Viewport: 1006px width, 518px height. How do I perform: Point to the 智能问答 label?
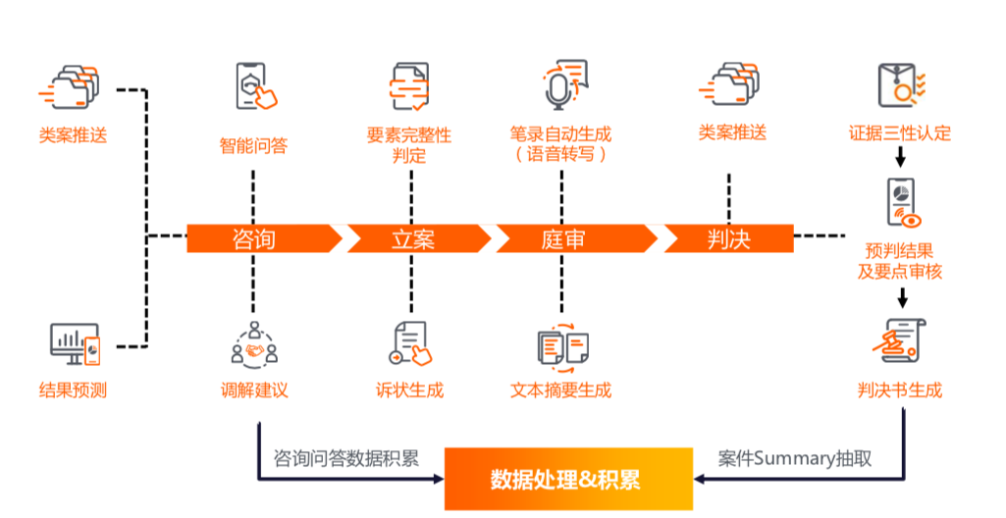(x=253, y=146)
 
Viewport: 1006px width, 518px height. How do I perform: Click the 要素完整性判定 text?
(x=409, y=144)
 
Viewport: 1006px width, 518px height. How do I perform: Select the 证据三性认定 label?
(x=900, y=133)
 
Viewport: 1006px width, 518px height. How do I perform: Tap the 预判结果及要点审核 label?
(x=900, y=261)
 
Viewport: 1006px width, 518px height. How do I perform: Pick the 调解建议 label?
(x=254, y=390)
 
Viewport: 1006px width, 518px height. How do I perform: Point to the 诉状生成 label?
(x=409, y=390)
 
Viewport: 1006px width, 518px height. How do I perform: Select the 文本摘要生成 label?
(x=561, y=390)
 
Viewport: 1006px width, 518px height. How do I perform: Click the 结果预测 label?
(x=73, y=390)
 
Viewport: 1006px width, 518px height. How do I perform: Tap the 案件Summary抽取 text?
(x=795, y=458)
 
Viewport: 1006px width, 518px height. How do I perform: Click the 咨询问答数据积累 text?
(x=345, y=458)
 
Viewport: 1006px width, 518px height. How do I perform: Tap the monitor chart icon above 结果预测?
(x=75, y=343)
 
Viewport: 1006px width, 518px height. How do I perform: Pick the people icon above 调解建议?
(x=254, y=343)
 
